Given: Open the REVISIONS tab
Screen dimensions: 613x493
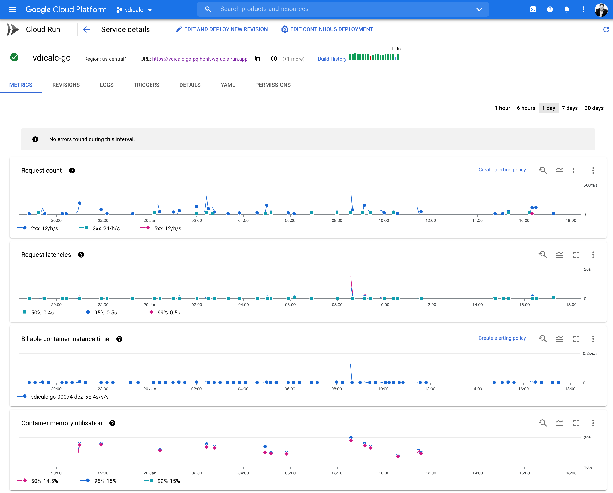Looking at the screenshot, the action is point(66,85).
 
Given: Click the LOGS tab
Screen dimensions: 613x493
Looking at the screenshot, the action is point(107,85).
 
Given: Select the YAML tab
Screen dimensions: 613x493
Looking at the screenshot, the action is point(228,85).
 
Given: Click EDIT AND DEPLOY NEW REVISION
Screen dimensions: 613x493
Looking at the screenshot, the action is point(222,29).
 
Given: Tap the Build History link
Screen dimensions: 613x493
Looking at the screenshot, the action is point(332,59).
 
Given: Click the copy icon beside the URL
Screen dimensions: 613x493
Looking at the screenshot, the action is point(257,59).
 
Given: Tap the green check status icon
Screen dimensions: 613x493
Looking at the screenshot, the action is point(14,57).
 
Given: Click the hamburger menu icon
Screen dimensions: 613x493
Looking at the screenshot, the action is point(13,9).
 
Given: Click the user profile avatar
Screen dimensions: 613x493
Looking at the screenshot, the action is point(601,10).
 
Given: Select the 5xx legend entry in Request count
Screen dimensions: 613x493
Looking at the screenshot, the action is point(161,228).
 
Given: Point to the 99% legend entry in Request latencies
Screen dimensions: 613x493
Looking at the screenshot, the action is point(162,313).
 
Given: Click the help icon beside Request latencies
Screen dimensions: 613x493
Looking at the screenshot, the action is point(81,255).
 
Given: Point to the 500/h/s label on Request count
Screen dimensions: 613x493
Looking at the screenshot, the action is point(590,185).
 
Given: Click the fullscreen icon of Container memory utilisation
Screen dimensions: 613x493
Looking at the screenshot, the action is point(576,423).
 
